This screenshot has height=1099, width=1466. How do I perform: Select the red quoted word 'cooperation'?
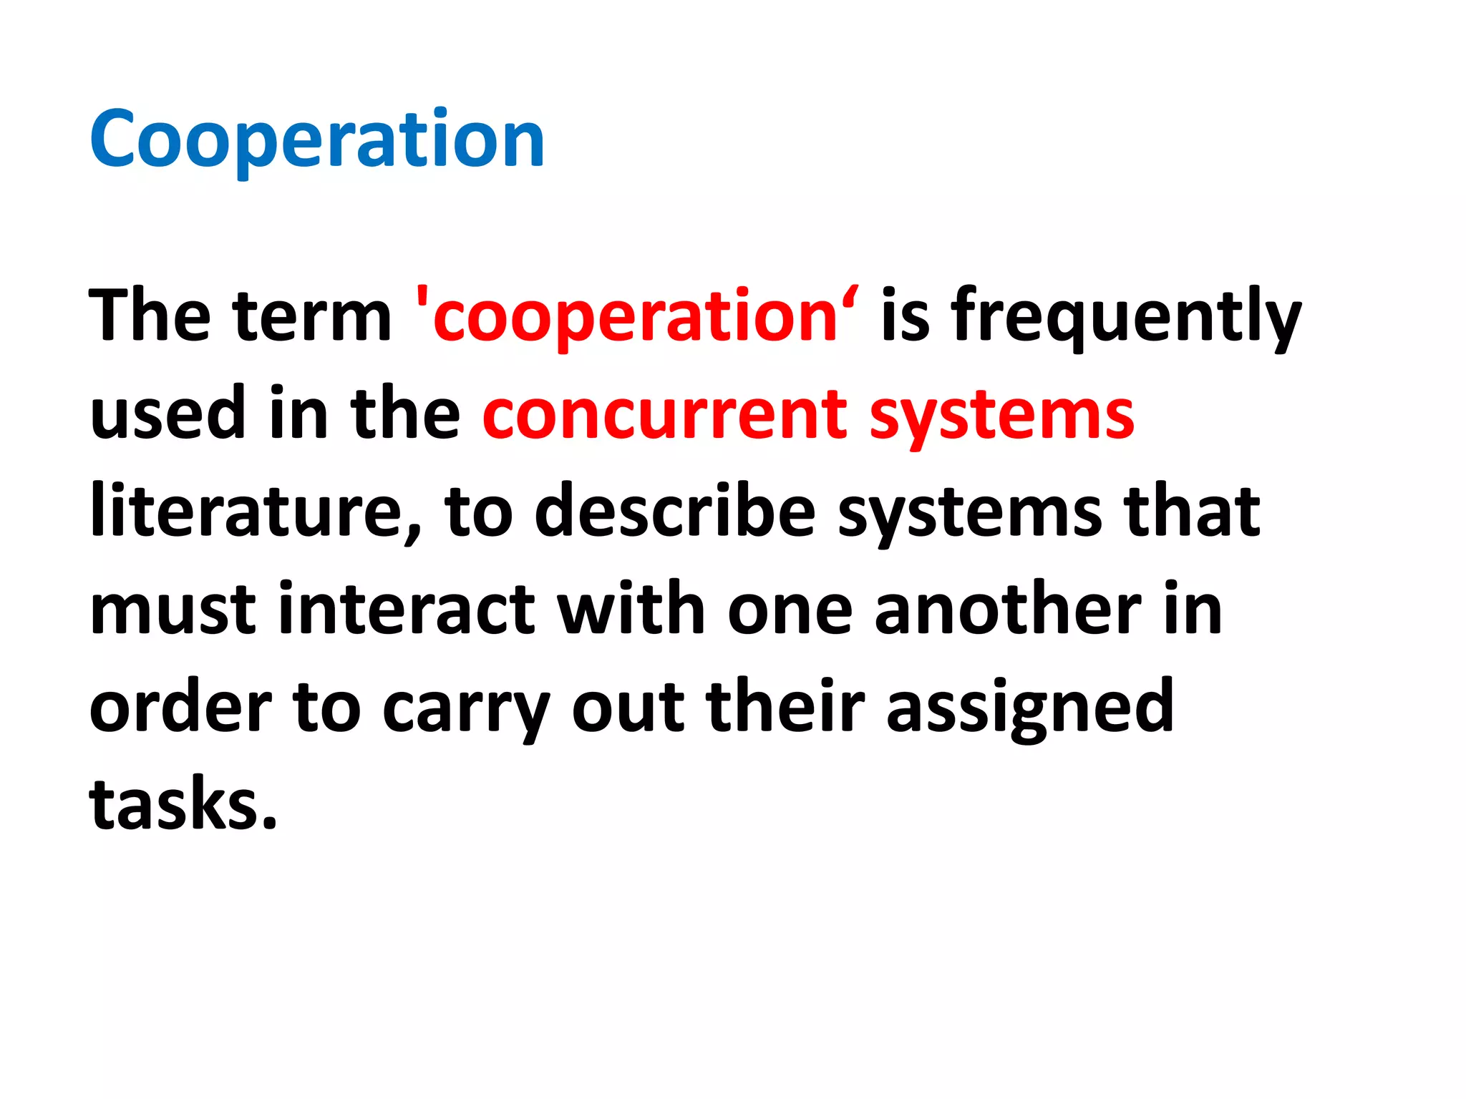pos(638,316)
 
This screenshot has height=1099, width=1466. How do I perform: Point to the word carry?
pos(466,709)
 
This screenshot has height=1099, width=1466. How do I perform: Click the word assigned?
pos(1030,708)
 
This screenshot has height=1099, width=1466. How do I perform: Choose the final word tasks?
pos(183,804)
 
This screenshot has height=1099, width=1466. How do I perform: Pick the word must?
pos(173,610)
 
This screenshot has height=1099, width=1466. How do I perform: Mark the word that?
pos(1192,511)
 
